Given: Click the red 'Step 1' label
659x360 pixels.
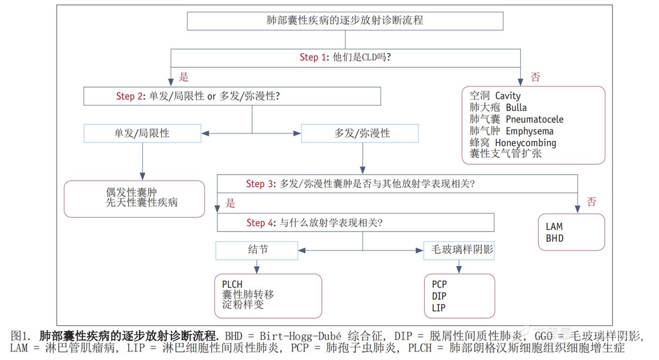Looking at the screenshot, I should point(313,57).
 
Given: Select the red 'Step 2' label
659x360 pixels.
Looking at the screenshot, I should point(129,96).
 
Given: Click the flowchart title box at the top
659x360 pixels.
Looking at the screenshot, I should point(345,21).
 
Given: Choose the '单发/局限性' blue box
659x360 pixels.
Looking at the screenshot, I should point(142,133).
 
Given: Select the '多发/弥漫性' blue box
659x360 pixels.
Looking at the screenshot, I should point(360,133).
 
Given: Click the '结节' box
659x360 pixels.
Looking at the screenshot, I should point(257,250).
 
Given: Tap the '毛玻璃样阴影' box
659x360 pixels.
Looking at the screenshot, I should point(459,250).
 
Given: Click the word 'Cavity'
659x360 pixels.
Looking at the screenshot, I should point(508,96).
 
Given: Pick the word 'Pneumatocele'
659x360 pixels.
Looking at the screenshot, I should point(534,120).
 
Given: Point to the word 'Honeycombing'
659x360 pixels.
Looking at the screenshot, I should point(525,143).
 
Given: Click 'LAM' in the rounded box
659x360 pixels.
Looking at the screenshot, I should point(554,227).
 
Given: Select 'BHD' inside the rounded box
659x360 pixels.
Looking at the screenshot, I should point(554,239).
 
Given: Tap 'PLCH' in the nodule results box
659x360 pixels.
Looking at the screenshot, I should point(232,284).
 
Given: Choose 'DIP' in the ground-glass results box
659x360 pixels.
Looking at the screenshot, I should point(439,296).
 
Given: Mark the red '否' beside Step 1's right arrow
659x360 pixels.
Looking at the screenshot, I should point(535,77).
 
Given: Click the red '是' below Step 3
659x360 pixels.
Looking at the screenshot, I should point(230,204).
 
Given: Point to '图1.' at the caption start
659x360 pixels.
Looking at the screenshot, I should point(20,336).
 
